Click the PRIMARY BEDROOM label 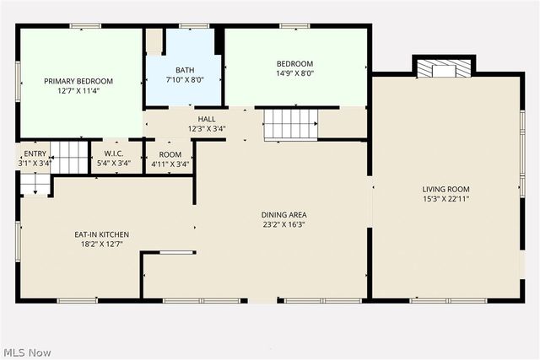tap(78, 81)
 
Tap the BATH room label tap(185, 70)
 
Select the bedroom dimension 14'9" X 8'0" tap(295, 73)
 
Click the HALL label tap(207, 119)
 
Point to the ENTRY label tap(35, 153)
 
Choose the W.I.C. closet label tap(114, 153)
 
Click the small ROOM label tap(170, 154)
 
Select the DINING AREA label tap(283, 215)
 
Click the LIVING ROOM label tap(446, 189)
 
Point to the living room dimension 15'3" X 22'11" tap(446, 199)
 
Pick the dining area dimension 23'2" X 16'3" tap(283, 225)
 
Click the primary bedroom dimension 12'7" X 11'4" tap(78, 91)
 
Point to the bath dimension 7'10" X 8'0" tap(185, 80)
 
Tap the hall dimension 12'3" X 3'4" tap(207, 129)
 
